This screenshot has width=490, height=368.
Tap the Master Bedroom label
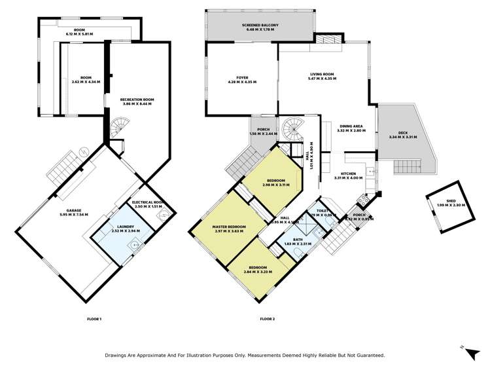pyautogui.click(x=228, y=229)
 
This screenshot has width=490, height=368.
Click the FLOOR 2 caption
pyautogui.click(x=268, y=318)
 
